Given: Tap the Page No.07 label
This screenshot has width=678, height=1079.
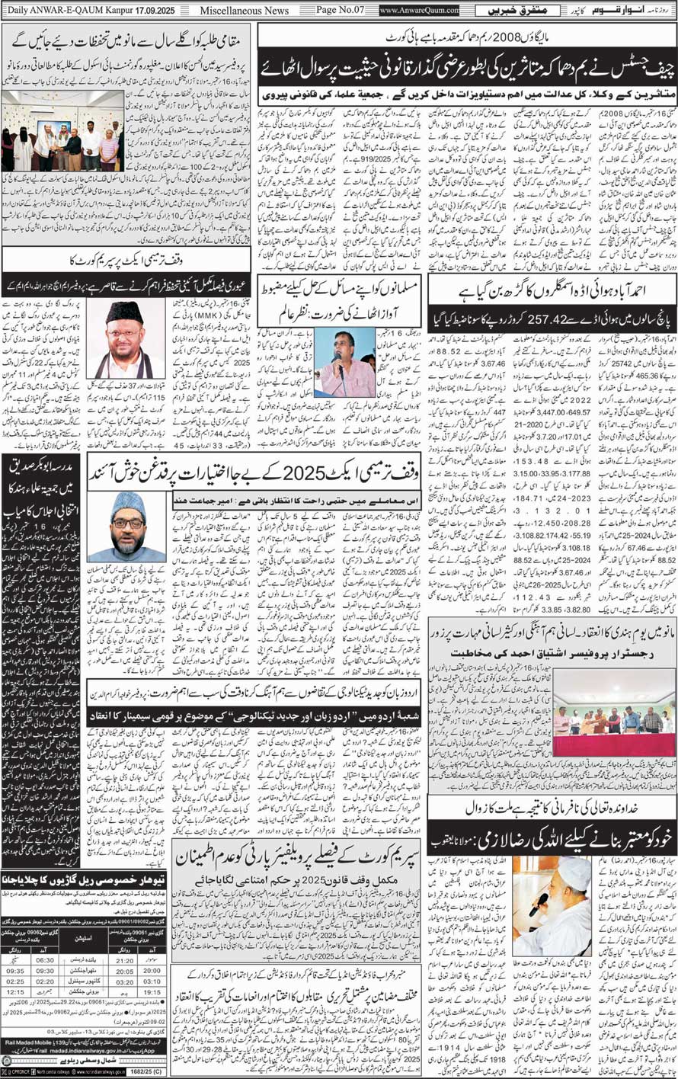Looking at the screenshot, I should (x=335, y=11).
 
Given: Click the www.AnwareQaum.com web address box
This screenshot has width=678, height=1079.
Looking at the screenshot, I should (x=419, y=11).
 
